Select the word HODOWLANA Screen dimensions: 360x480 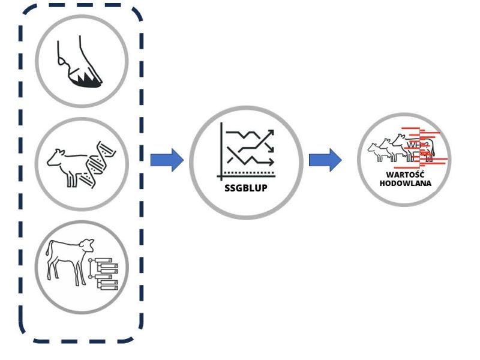(406, 183)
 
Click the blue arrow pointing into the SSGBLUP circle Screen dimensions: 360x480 (167, 160)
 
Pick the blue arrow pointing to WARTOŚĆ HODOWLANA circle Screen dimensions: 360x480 (325, 160)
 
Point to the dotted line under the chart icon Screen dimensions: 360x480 (251, 173)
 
